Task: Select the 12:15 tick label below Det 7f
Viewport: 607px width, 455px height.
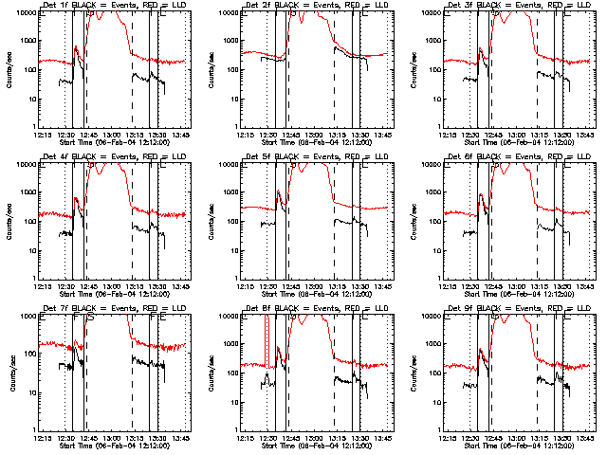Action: [x=40, y=437]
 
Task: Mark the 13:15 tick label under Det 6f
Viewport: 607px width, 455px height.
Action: [x=539, y=285]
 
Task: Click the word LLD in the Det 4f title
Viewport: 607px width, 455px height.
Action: [x=177, y=155]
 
